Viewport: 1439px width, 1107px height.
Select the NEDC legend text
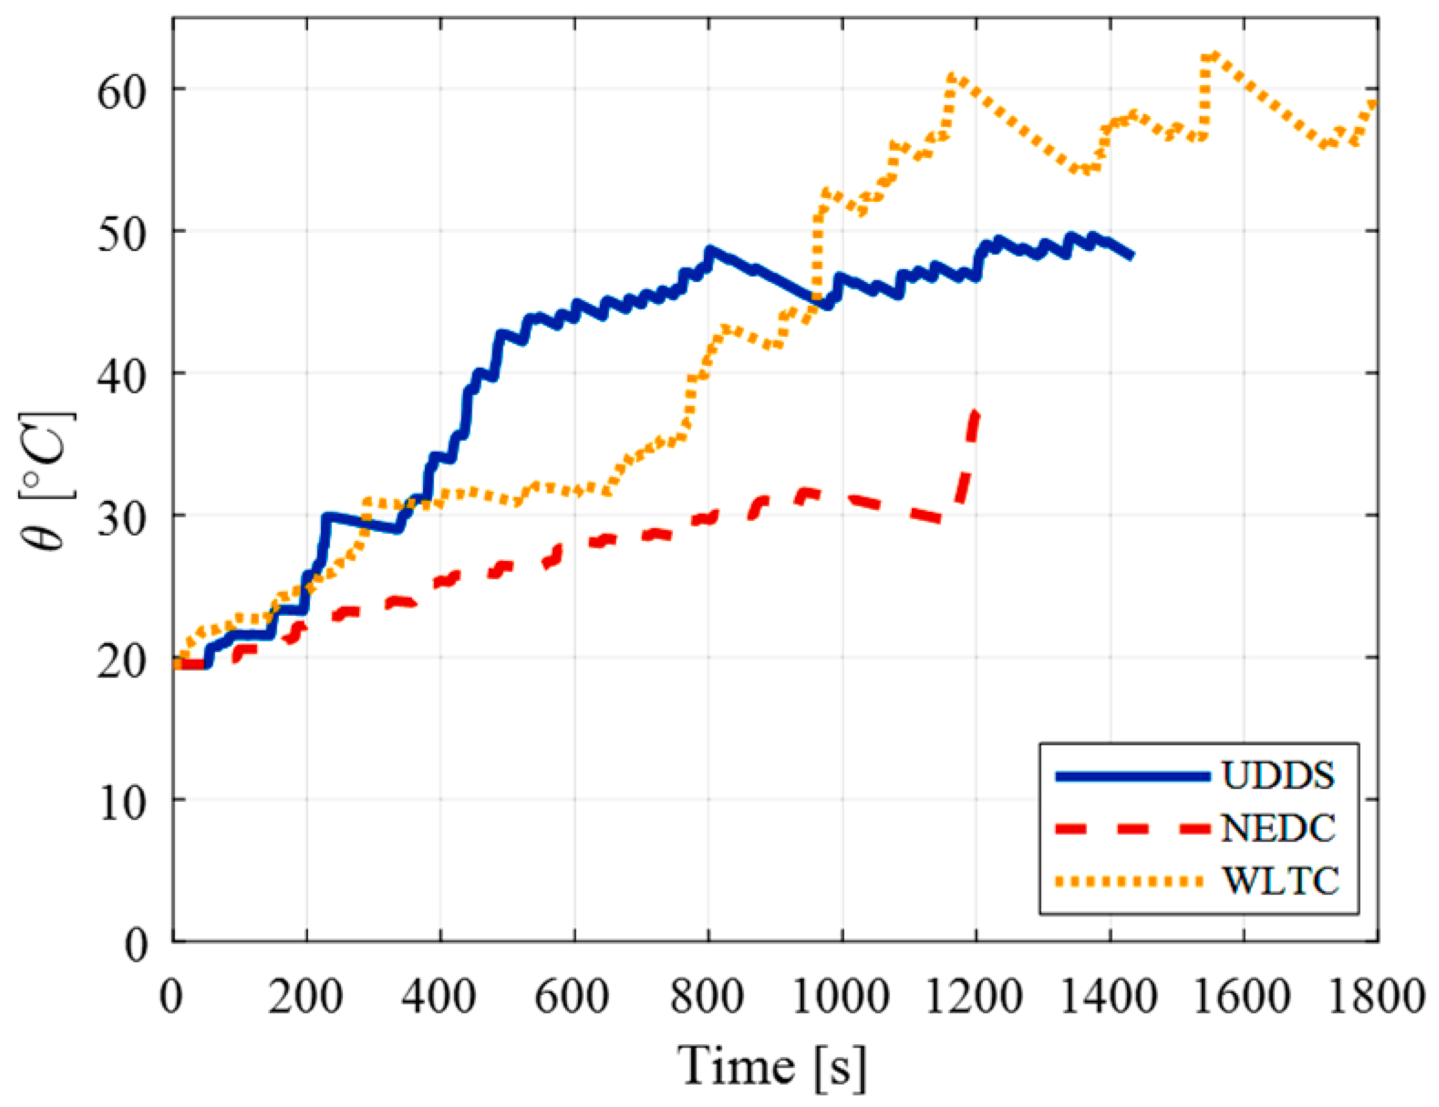point(1278,828)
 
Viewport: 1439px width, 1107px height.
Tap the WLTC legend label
point(1280,881)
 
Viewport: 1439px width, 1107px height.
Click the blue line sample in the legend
point(1133,777)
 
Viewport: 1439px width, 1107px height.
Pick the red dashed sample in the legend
point(1133,829)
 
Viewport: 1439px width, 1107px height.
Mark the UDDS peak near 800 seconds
point(709,251)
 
